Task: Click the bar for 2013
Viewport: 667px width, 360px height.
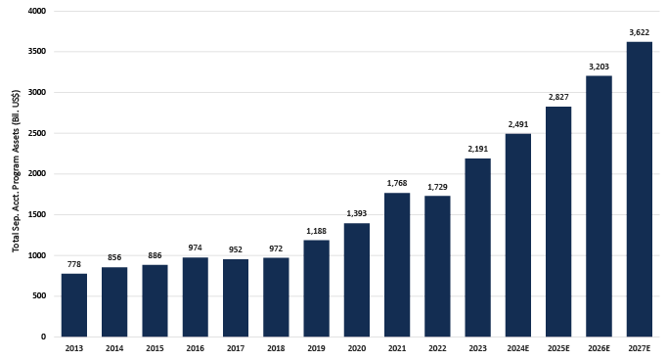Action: (x=73, y=304)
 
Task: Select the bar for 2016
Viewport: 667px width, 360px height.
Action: (x=195, y=296)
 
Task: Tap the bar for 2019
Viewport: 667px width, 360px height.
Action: (x=316, y=288)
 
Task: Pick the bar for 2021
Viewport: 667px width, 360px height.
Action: (x=397, y=264)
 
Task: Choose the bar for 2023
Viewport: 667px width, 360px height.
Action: (x=477, y=247)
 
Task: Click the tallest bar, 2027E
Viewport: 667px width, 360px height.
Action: (x=639, y=189)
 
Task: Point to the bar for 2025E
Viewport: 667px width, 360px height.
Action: (x=558, y=221)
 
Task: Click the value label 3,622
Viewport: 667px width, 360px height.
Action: (x=639, y=32)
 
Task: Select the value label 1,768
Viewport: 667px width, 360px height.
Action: (x=397, y=183)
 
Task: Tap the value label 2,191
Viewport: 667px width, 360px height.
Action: (x=477, y=149)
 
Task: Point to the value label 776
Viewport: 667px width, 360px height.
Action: (x=73, y=264)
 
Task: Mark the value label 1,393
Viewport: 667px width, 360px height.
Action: (x=357, y=213)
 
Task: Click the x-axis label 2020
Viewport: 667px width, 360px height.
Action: (x=357, y=348)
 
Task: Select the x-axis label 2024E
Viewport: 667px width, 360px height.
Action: (x=518, y=348)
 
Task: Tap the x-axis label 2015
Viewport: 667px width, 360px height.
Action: (x=155, y=348)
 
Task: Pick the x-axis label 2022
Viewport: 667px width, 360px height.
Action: (x=437, y=348)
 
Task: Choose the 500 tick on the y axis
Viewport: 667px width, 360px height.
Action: (x=39, y=296)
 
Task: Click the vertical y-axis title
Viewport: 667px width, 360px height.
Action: (x=17, y=174)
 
